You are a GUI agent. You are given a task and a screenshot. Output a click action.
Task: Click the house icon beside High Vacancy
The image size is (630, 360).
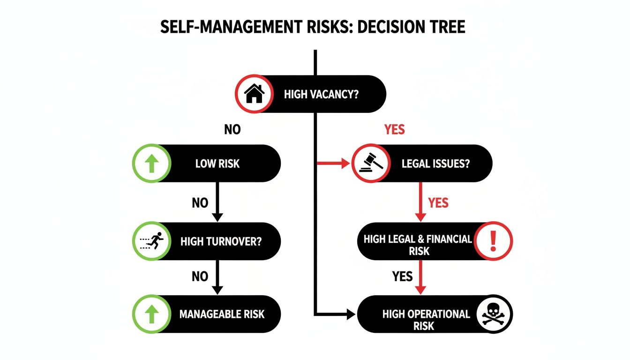tap(254, 94)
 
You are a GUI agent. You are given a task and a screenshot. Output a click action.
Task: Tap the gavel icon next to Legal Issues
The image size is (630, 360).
tap(370, 163)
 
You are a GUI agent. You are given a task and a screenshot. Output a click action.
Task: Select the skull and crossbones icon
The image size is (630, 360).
tap(494, 314)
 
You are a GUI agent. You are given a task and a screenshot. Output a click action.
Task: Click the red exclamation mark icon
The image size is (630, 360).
tap(493, 241)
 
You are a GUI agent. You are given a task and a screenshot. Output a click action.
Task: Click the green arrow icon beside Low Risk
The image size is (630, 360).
tap(151, 163)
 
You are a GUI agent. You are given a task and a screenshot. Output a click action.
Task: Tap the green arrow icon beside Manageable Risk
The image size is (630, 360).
tap(151, 314)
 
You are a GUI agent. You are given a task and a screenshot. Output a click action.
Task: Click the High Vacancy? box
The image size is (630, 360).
tap(321, 94)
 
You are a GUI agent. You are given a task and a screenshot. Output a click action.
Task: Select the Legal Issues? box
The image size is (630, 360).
tap(436, 164)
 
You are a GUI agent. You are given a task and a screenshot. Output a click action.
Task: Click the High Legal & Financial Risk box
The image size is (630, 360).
tap(417, 245)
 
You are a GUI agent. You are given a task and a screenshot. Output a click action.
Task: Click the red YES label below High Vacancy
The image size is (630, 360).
tap(394, 129)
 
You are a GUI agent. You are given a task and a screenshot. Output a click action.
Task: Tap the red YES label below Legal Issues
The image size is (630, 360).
tap(438, 203)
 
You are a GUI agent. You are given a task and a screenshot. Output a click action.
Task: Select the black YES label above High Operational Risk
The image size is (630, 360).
tap(402, 277)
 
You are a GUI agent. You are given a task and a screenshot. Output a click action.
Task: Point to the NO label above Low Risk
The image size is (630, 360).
tap(232, 129)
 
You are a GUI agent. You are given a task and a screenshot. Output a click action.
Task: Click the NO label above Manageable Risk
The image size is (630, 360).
tap(200, 277)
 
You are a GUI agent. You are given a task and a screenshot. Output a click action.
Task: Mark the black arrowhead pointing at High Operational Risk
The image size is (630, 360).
tap(350, 314)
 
